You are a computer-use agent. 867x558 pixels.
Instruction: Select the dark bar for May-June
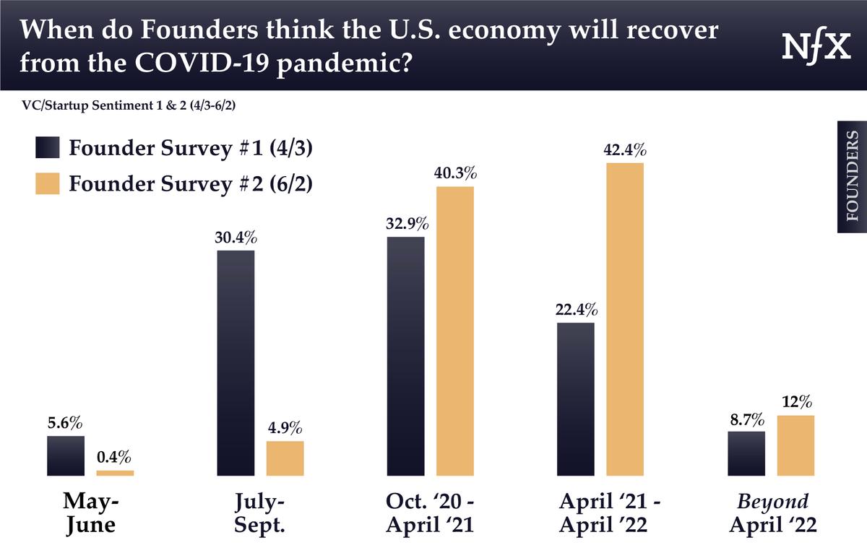point(66,455)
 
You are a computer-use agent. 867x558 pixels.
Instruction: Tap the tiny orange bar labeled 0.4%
point(115,473)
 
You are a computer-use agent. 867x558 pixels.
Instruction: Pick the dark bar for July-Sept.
point(236,363)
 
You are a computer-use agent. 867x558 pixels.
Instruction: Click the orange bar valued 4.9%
point(285,458)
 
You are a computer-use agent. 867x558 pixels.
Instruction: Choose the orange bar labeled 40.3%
point(455,331)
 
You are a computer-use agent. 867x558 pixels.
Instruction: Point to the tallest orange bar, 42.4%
point(625,319)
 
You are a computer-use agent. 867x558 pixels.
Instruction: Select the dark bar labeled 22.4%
point(576,398)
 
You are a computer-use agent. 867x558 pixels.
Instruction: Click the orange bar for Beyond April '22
point(795,445)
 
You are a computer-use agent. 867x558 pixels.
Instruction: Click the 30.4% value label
point(236,238)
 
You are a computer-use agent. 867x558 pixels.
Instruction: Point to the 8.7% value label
point(746,419)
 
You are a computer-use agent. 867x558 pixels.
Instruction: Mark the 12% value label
point(796,403)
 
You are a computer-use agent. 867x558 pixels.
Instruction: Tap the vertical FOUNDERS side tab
point(852,176)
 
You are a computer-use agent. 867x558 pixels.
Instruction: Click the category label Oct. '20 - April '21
point(430,513)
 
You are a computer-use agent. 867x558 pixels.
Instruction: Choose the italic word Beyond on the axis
point(772,502)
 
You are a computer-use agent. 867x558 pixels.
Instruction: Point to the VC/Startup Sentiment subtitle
point(131,105)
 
